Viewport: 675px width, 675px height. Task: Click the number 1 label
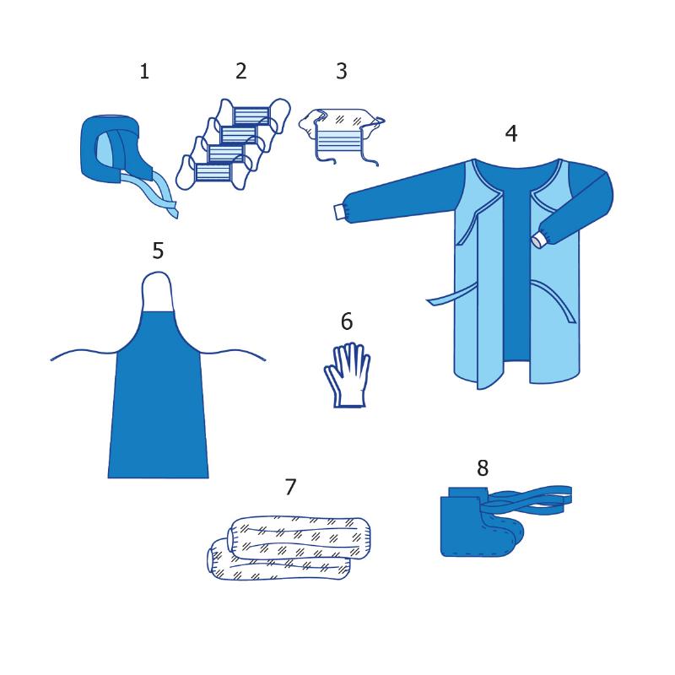144,71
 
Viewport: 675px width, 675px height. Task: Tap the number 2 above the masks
241,71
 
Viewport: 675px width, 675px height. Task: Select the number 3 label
342,71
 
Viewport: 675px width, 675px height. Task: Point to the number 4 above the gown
511,133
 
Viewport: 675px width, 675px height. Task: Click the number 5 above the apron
158,250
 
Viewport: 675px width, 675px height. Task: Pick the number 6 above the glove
347,321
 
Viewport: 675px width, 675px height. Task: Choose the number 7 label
290,487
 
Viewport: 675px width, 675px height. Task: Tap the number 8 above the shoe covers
483,467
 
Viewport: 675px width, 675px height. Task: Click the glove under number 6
348,375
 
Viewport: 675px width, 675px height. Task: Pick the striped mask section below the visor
338,140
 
